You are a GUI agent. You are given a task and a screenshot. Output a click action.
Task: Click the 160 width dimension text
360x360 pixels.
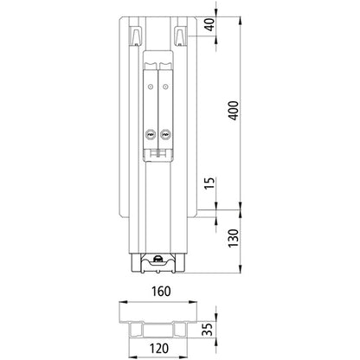[x=160, y=292]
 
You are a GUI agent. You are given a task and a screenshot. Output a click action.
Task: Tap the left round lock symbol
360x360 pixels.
[x=150, y=135]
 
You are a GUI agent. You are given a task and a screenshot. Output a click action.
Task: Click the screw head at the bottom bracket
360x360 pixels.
[x=159, y=259]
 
